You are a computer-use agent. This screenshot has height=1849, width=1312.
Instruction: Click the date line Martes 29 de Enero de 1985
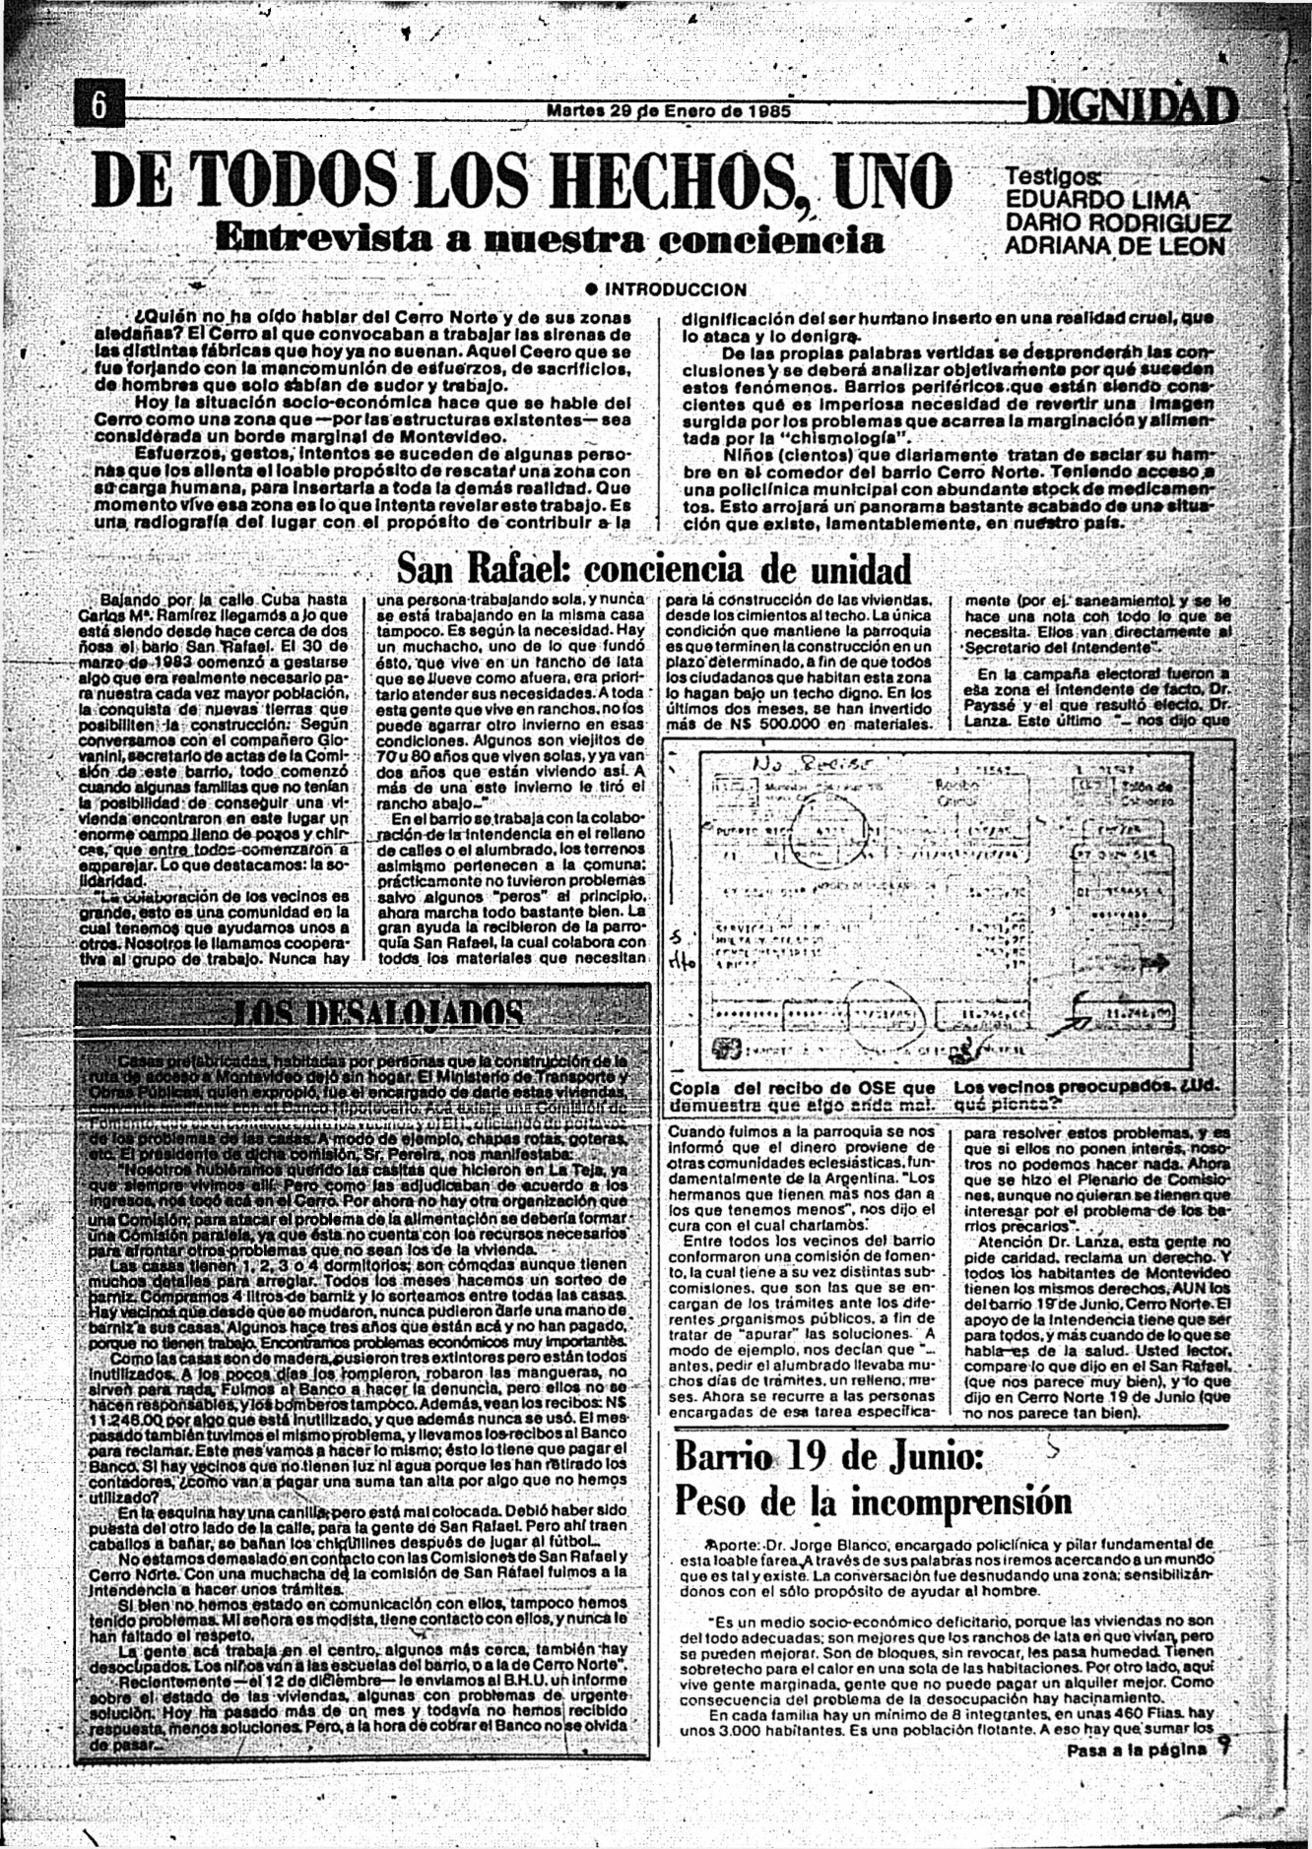[669, 111]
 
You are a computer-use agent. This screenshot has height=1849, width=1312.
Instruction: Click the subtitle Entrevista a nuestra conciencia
[549, 239]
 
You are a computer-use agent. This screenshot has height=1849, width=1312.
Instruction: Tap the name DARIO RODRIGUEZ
[1117, 223]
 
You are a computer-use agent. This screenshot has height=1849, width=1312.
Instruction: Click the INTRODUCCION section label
[675, 289]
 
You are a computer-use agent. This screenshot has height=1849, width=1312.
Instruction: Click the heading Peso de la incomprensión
[873, 1502]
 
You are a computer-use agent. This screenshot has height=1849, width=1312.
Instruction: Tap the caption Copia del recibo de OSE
[802, 1096]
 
